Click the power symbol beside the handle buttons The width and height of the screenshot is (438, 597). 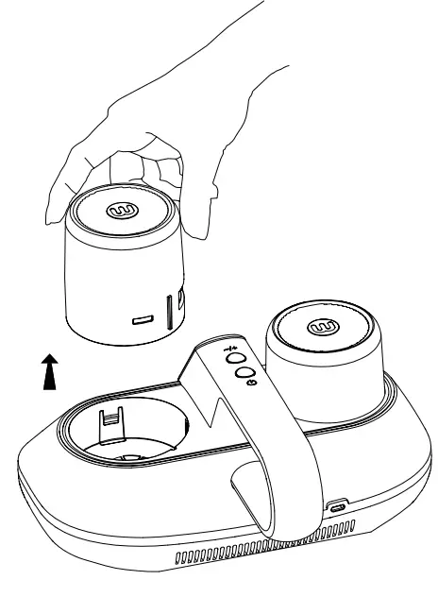coord(238,383)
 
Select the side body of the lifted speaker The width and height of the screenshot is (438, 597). coord(104,283)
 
